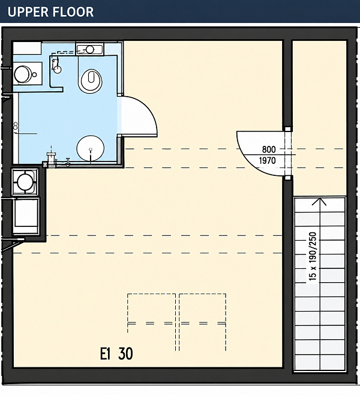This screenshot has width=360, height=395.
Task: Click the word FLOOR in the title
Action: point(71,12)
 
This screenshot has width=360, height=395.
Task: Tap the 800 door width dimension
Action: point(269,149)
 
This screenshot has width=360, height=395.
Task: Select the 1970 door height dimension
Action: point(268,160)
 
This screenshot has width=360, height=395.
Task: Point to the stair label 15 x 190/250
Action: point(312,256)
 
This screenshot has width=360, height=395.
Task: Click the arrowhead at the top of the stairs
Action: point(319,202)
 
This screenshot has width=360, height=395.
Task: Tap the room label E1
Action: point(106,354)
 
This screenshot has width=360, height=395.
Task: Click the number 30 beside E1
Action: point(125,354)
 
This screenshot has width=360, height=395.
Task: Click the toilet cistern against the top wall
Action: point(89,49)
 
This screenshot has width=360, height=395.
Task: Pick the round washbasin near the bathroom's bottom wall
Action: point(91,148)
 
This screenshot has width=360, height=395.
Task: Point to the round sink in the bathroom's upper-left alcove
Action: point(22,74)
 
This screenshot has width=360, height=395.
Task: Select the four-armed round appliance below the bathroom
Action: point(25,182)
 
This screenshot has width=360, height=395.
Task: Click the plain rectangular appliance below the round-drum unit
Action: point(26,216)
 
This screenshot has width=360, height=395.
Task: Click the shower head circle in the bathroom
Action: point(58,69)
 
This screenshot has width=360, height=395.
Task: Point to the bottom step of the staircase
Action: point(320,363)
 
